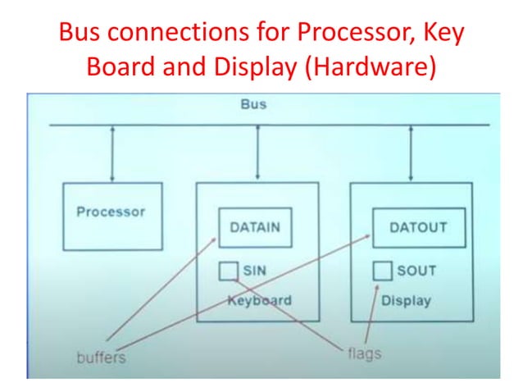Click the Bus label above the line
(253, 105)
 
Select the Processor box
(111, 216)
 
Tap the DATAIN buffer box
(254, 227)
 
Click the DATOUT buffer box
(418, 227)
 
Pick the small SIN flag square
(229, 270)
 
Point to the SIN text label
(254, 270)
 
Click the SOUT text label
(416, 271)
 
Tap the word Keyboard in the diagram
(259, 300)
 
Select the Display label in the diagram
(406, 300)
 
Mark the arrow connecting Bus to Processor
(112, 153)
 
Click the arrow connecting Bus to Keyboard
(259, 153)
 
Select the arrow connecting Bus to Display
(411, 153)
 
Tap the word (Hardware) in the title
(369, 67)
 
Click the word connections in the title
(182, 34)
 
